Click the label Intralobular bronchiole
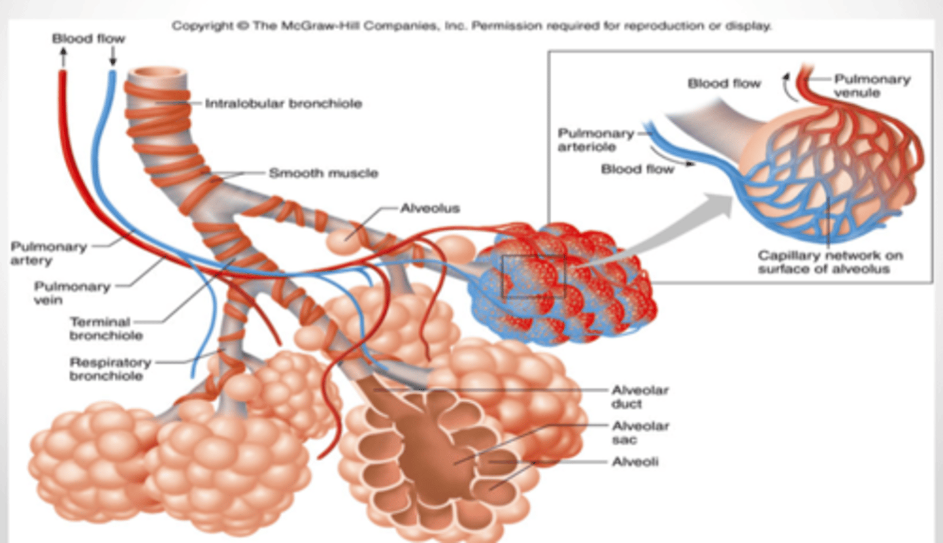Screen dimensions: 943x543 pos(284,103)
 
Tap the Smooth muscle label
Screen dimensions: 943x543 pos(324,173)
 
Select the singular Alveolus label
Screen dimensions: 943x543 pos(430,208)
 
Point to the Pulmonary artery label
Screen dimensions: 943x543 pos(49,253)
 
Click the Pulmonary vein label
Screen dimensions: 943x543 pos(72,293)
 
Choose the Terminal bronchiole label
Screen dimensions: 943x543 pos(106,329)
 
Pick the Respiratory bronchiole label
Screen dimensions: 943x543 pos(110,369)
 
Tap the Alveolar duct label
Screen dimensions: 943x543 pos(640,397)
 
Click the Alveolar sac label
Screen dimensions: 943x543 pos(640,433)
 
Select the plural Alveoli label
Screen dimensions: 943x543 pos(635,462)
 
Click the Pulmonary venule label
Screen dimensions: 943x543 pos(872,86)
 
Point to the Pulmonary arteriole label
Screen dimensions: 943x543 pos(596,140)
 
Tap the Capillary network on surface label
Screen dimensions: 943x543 pos(830,262)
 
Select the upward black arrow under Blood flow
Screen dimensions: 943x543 pos(63,57)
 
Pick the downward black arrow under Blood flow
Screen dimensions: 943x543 pos(113,56)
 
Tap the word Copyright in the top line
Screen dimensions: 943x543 pos(202,26)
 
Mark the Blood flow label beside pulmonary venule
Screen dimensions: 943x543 pos(724,83)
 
